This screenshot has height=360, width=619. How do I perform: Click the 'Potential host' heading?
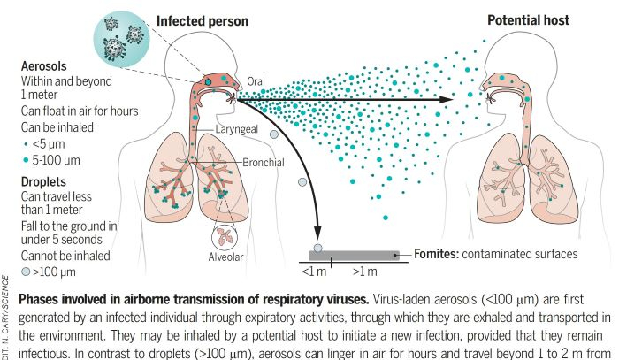click(x=528, y=19)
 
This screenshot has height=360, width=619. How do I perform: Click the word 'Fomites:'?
click(x=440, y=254)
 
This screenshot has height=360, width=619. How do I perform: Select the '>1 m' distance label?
click(x=364, y=272)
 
